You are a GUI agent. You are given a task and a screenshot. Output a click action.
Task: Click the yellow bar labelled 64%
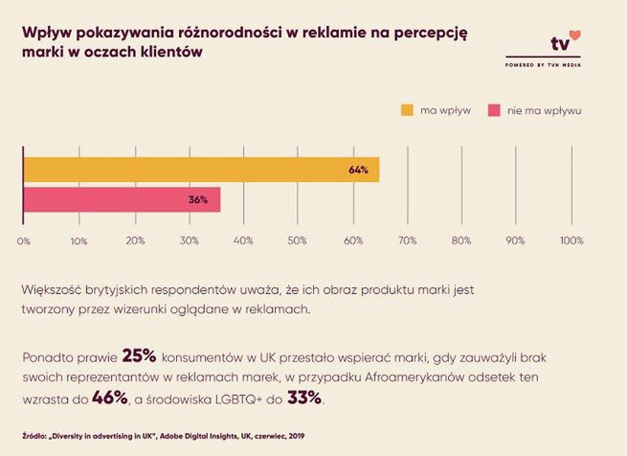tap(201, 170)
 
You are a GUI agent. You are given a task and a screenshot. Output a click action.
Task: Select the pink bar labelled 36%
tap(122, 199)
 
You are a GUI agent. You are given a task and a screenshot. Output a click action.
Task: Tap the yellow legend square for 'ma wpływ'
tap(407, 109)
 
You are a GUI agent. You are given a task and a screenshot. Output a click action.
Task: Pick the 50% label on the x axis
tap(298, 240)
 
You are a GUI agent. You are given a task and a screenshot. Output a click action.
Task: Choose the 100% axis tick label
tap(571, 240)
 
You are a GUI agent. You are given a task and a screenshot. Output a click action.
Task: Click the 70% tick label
tap(407, 240)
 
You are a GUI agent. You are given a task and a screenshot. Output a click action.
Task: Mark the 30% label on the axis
tap(189, 240)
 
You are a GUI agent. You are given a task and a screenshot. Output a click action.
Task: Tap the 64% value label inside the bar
tap(359, 171)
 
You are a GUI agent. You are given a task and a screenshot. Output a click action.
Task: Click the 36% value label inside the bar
tap(198, 200)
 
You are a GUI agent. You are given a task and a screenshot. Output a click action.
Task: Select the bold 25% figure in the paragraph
tap(140, 356)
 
